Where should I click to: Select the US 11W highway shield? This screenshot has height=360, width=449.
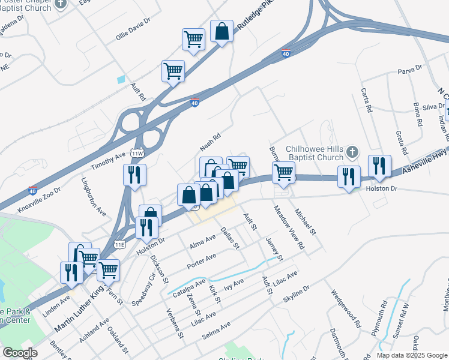137,154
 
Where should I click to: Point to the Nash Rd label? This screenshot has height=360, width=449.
211,142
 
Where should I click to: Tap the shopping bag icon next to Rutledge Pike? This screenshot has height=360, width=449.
222,32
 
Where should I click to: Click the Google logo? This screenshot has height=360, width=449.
20,353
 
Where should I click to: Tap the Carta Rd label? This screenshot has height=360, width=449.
367,101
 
